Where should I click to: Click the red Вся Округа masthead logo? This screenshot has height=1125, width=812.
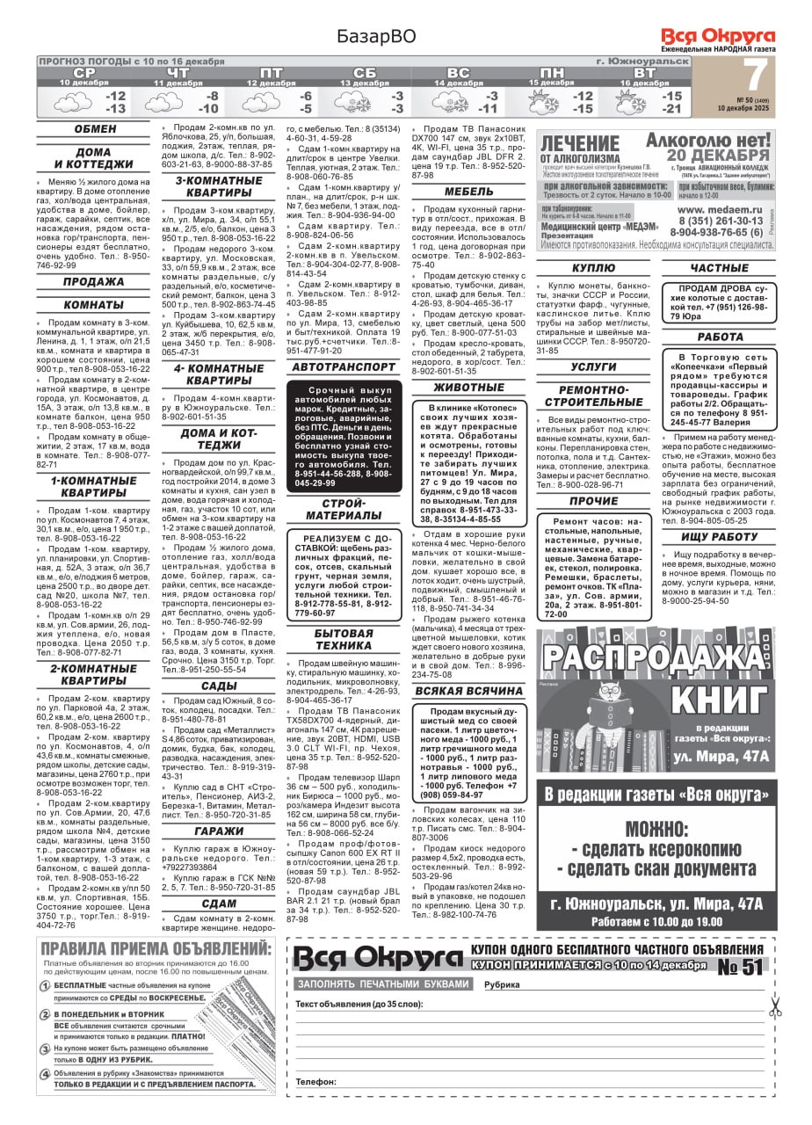(718, 36)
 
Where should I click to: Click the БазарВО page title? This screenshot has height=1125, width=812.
(375, 36)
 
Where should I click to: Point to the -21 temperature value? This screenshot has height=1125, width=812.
(672, 109)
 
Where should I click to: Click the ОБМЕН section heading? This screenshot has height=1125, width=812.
(95, 129)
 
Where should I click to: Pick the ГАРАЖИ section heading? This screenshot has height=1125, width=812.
(219, 831)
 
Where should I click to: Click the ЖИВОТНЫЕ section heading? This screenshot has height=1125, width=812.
(469, 388)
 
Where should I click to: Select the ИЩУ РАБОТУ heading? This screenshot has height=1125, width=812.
(719, 536)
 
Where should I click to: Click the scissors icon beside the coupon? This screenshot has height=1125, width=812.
(774, 1005)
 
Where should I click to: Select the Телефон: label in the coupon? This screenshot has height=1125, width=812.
(315, 1082)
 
